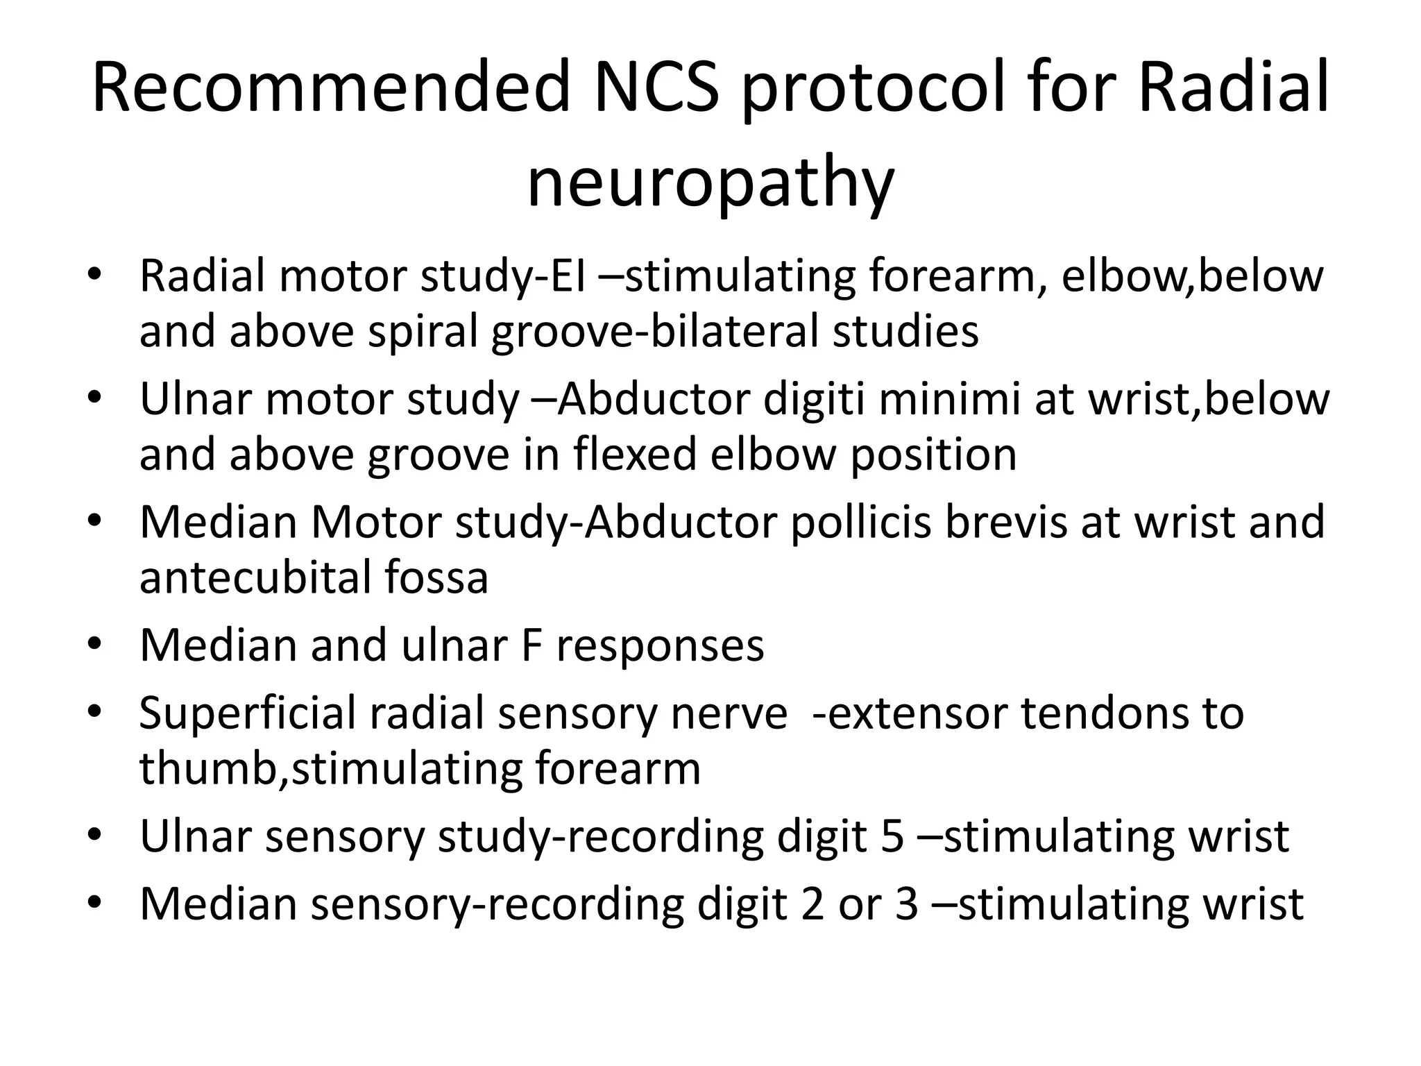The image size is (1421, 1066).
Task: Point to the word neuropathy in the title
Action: (x=710, y=185)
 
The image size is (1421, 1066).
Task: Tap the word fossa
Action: (x=436, y=577)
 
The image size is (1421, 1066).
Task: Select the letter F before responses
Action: (x=531, y=645)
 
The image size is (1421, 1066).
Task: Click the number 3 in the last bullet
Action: (x=907, y=904)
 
